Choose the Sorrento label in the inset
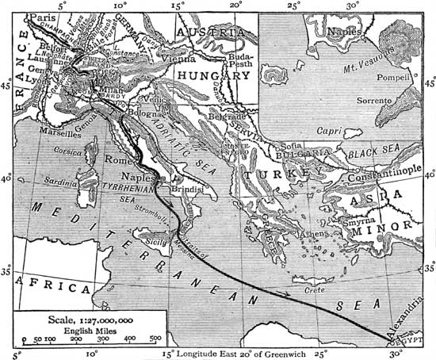point(373,101)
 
